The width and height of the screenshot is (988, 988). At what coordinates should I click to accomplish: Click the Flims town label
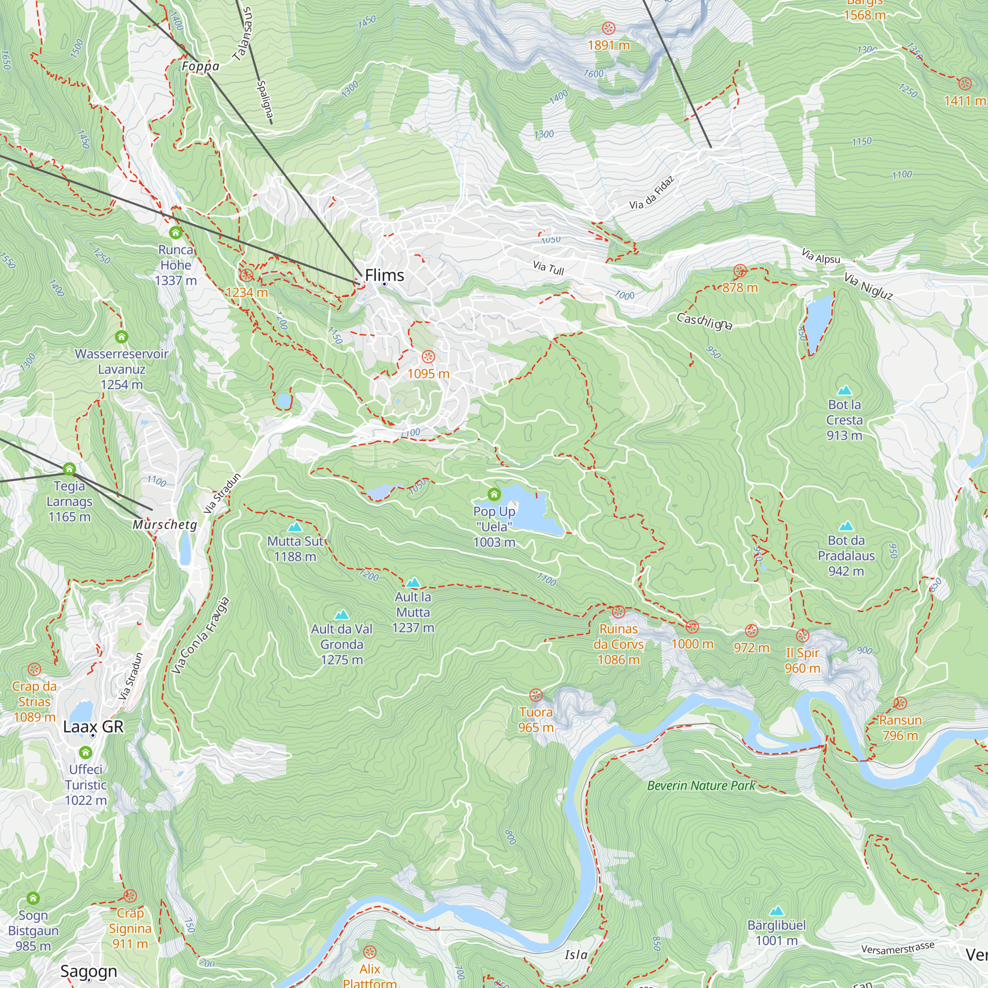point(384,275)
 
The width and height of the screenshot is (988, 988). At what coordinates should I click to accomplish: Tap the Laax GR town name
point(93,726)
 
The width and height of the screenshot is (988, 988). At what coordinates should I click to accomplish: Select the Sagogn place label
point(88,971)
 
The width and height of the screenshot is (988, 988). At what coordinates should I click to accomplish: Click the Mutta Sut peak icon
point(294,527)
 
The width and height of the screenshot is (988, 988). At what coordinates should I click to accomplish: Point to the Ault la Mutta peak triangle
point(412,582)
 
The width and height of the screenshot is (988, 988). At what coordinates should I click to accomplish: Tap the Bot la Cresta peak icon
point(844,390)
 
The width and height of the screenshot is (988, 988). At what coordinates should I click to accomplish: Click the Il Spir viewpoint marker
point(802,636)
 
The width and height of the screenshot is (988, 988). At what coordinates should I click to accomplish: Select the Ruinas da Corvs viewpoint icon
point(618,612)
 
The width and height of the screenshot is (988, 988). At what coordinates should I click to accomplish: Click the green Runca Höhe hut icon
point(175,233)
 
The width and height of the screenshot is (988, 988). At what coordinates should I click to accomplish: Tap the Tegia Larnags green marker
point(70,468)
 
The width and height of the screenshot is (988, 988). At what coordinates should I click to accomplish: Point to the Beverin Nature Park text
point(701,785)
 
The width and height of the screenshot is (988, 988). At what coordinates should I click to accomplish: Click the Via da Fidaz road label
point(652,193)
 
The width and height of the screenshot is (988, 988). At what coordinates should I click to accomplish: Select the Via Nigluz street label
point(868,287)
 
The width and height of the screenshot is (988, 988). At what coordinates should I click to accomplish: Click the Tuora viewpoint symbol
point(535,695)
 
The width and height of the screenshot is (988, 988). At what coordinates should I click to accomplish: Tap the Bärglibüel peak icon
point(776,910)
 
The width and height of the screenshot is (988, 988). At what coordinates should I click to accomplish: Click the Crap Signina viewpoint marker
point(130,896)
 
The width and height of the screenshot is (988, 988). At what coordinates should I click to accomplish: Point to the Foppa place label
point(201,67)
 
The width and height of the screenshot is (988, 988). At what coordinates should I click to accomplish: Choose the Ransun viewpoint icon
point(900,703)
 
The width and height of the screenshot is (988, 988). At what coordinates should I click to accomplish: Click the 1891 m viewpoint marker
point(608,28)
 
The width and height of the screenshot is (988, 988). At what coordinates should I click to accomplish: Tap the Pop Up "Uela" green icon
point(494,494)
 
